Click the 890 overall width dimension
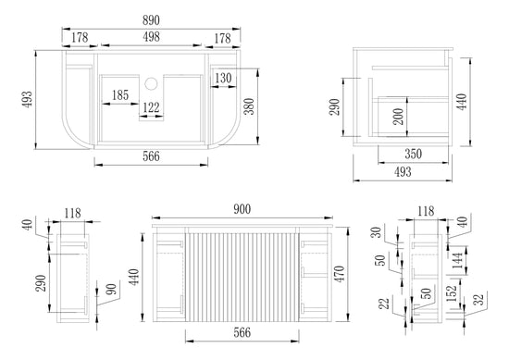tap(151, 20)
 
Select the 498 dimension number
tap(151, 37)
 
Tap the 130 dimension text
tap(223, 78)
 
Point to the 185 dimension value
tap(120, 95)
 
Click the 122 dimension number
tap(151, 107)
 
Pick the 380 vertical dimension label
tap(249, 106)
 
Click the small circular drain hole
tap(151, 83)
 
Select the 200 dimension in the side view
tap(398, 117)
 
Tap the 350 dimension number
tap(413, 154)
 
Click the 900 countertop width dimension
tap(242, 209)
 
